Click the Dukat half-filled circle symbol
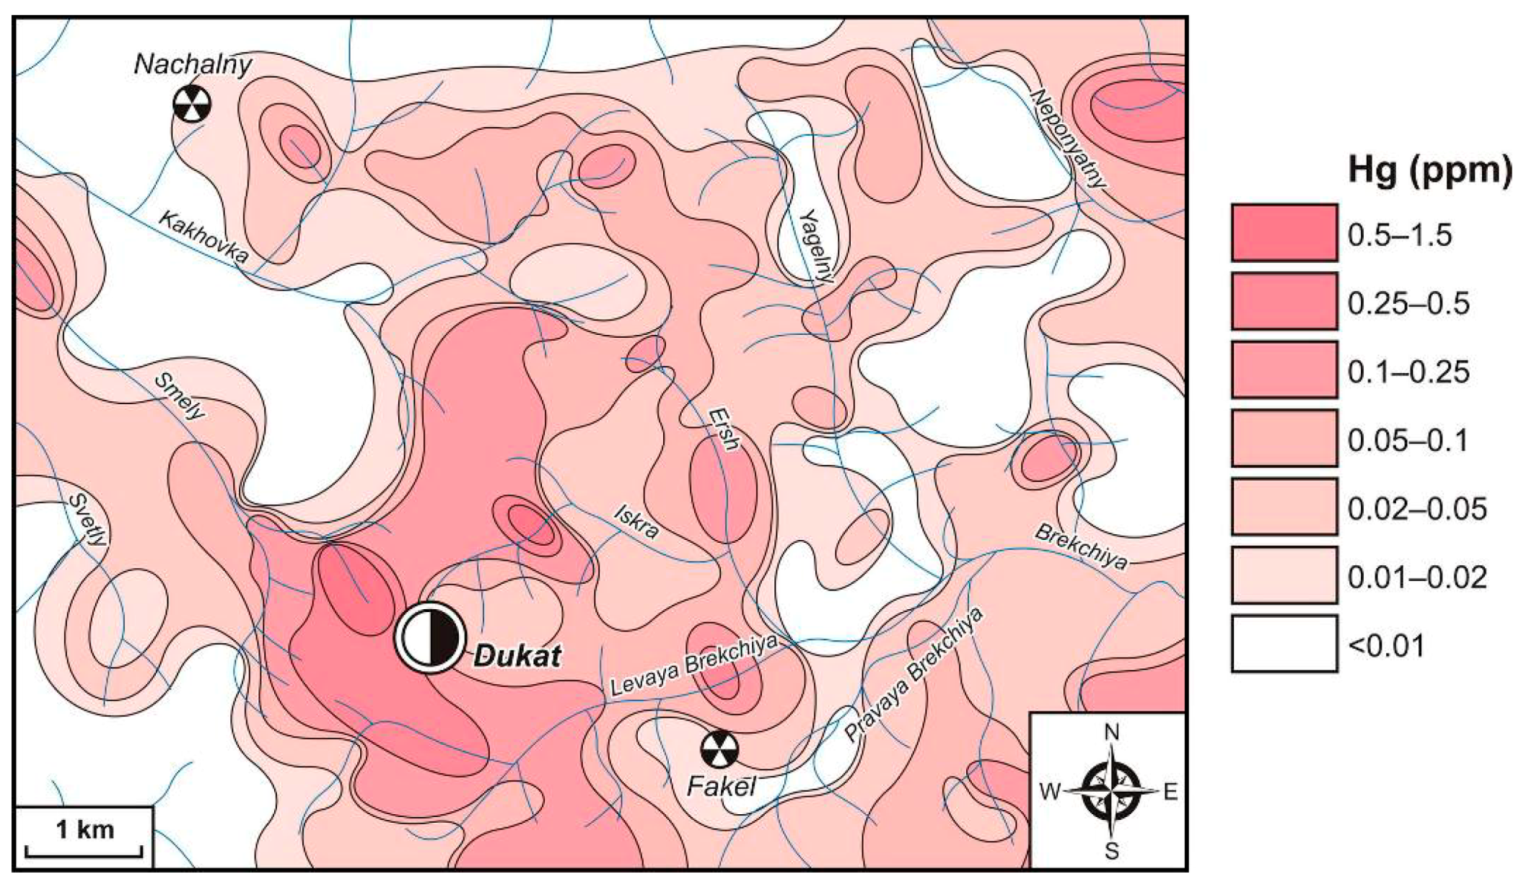[x=429, y=637]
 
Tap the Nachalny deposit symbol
[x=192, y=105]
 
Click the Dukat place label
[x=517, y=656]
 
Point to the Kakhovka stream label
[x=203, y=237]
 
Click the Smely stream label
[x=180, y=396]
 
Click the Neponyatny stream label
[x=1068, y=139]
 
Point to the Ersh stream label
[x=723, y=429]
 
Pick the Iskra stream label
[x=636, y=522]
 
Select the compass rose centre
[x=1111, y=792]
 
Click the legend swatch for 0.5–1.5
[x=1284, y=232]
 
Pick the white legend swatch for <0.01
[x=1284, y=644]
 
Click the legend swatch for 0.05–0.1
[x=1284, y=438]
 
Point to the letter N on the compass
[x=1111, y=733]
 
